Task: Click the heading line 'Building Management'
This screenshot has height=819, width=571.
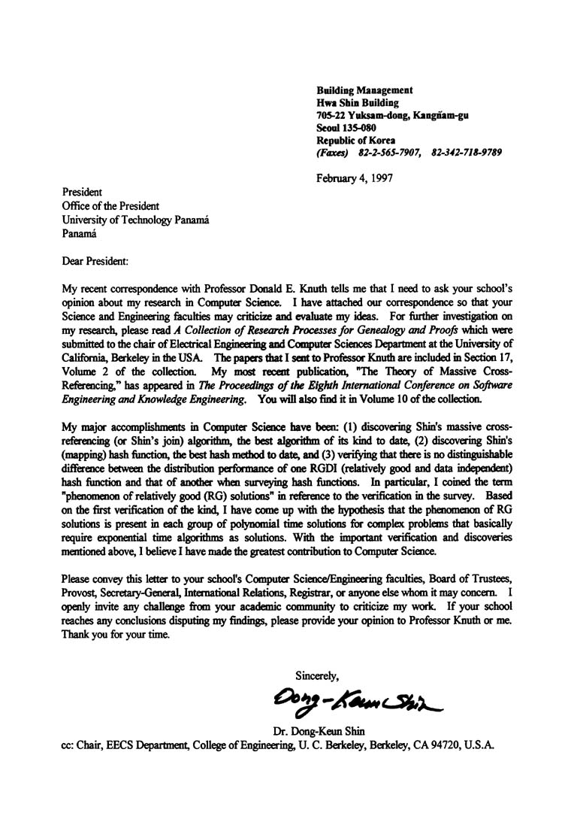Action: pos(364,89)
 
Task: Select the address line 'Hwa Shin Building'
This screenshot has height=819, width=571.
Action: pos(358,102)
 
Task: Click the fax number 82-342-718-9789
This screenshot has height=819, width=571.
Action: pos(467,152)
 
